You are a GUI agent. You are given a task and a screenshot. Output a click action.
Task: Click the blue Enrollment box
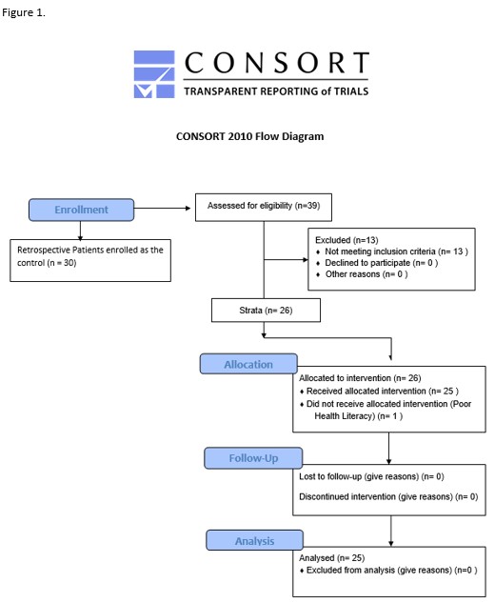pos(81,210)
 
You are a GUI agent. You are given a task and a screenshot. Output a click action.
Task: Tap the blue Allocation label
pos(248,364)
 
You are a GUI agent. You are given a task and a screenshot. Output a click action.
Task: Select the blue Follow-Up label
pos(253,457)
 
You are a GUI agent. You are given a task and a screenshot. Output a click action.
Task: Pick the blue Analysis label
pos(254,540)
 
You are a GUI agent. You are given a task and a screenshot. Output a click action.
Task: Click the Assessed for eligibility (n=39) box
pos(264,208)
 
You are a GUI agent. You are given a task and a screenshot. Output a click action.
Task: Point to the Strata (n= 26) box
pos(266,310)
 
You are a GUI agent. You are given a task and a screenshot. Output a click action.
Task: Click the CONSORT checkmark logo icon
pos(154,74)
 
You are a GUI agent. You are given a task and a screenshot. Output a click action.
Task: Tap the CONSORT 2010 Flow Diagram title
pos(249,136)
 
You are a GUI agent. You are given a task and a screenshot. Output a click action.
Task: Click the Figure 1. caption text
pos(24,12)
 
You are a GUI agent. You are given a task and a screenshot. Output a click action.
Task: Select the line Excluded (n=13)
pos(346,240)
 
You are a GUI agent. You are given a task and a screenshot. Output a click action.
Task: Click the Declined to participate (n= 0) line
pos(378,263)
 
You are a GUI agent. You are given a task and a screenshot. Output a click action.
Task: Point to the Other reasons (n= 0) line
pos(362,274)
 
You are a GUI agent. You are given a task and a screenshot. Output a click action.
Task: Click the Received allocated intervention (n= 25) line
pos(379,392)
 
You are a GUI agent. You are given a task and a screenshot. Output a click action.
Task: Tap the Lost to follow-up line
pos(371,476)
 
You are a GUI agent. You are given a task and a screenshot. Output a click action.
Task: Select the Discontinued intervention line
pos(388,496)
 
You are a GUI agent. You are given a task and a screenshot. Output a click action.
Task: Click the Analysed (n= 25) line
pos(331,557)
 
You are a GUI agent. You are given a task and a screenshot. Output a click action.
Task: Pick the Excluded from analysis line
pos(388,570)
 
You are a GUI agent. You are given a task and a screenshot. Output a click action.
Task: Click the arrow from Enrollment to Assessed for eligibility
pos(162,208)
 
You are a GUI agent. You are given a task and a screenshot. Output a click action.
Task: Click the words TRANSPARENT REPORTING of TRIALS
pos(276,91)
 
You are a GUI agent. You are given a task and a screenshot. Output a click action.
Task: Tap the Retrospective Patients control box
pos(90,260)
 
